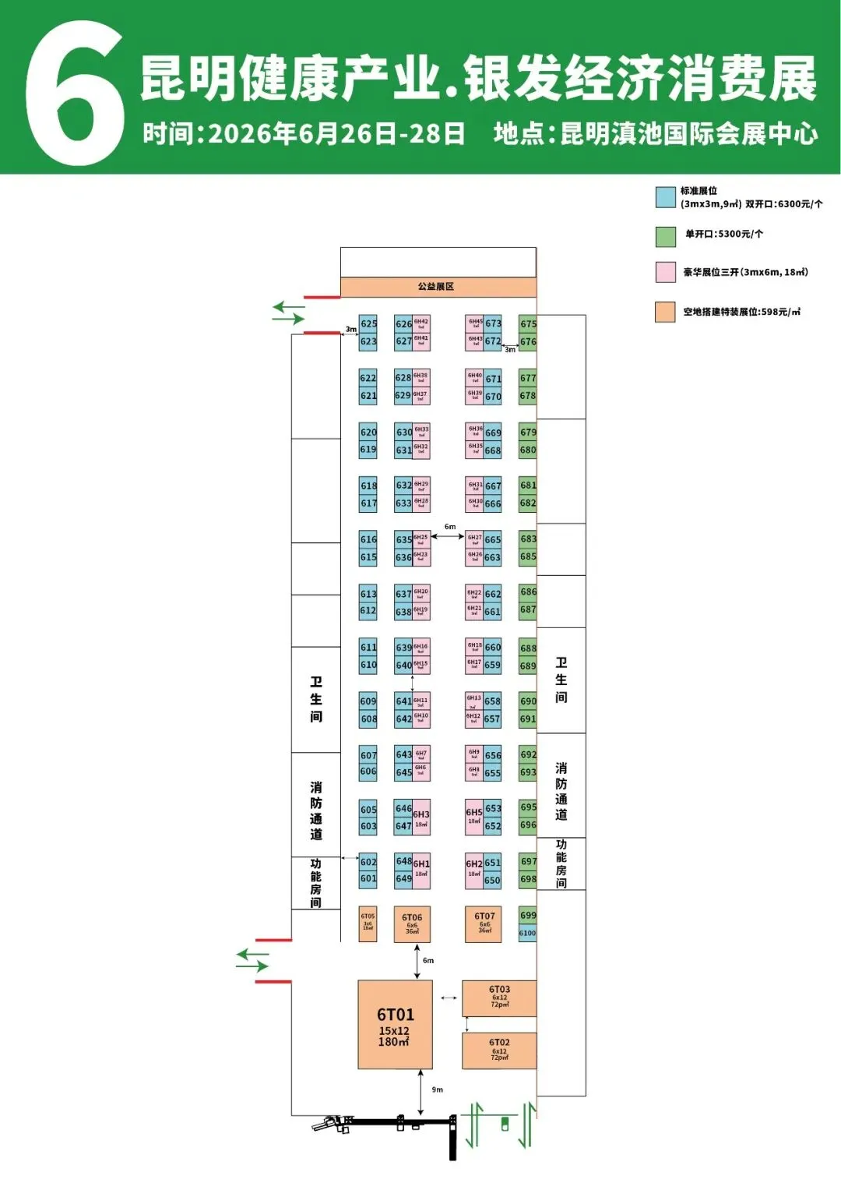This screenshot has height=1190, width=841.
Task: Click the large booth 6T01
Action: pyautogui.click(x=395, y=1025)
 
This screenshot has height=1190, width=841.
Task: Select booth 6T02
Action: pyautogui.click(x=499, y=1050)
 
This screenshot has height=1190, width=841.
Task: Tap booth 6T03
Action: pyautogui.click(x=499, y=998)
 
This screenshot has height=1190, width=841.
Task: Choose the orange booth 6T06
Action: pyautogui.click(x=412, y=923)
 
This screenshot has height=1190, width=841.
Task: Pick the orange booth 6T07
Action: pyautogui.click(x=484, y=923)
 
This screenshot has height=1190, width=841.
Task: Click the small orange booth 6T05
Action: pyautogui.click(x=368, y=923)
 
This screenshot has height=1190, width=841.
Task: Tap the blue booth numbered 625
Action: pyautogui.click(x=368, y=324)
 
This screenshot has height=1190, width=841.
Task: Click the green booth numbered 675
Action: pyautogui.click(x=528, y=324)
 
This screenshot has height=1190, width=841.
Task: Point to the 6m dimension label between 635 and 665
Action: pyautogui.click(x=450, y=527)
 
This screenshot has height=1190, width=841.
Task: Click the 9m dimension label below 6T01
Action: pyautogui.click(x=438, y=1089)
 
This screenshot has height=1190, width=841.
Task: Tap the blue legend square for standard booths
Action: pyautogui.click(x=665, y=197)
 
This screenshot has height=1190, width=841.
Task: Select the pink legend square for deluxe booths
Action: pyautogui.click(x=665, y=272)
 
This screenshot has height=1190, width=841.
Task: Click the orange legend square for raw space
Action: pyautogui.click(x=665, y=312)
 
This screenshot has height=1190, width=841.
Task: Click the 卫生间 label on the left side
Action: pyautogui.click(x=316, y=699)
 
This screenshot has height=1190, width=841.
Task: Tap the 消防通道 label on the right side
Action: pyautogui.click(x=561, y=791)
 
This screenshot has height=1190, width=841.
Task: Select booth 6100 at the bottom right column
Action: pyautogui.click(x=528, y=933)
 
